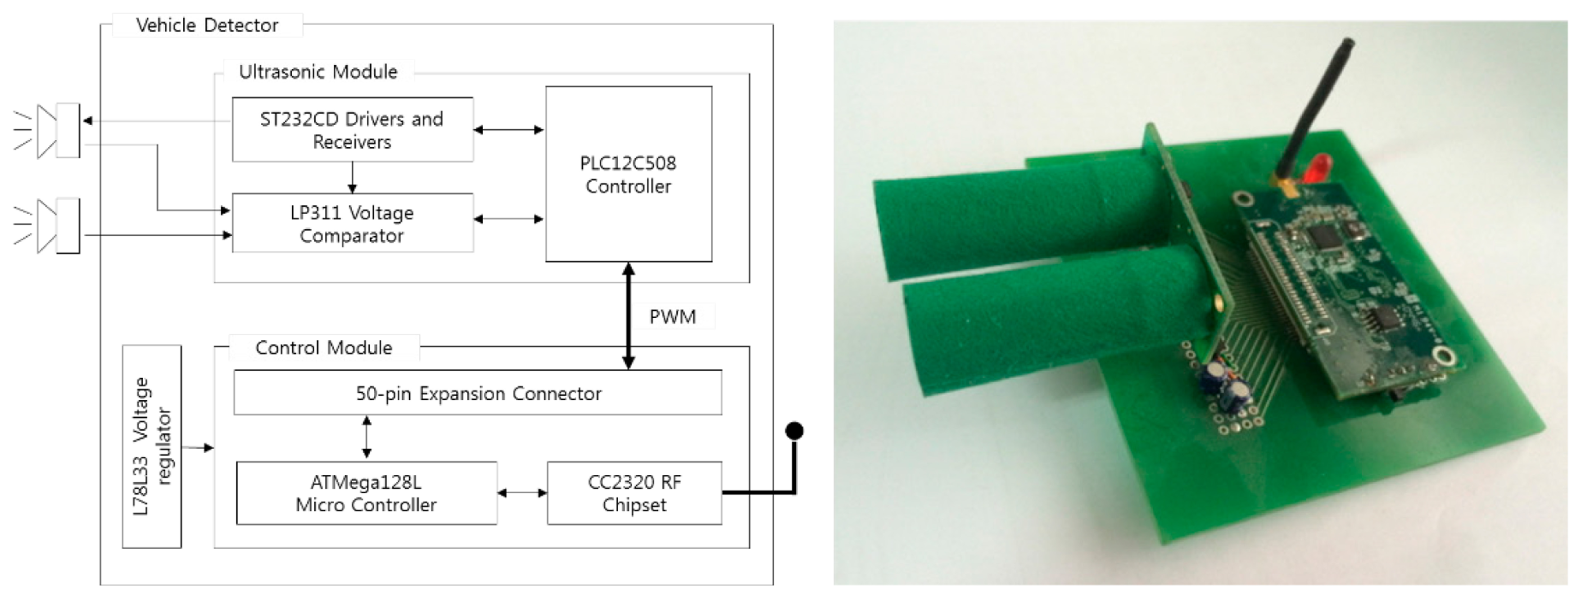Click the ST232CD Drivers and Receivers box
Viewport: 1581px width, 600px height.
(352, 129)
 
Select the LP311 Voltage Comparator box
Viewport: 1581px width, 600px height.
(352, 223)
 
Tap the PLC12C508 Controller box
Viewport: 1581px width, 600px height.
(628, 174)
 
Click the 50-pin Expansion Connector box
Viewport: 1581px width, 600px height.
(478, 393)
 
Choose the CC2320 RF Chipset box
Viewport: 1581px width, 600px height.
(634, 493)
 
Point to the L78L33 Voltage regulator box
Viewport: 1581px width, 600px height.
(151, 447)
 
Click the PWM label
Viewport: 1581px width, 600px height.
(673, 317)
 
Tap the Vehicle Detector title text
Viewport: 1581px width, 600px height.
(207, 26)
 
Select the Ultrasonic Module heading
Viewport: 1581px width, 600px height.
(318, 72)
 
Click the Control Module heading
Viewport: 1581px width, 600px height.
(323, 348)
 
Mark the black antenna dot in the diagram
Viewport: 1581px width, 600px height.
(794, 431)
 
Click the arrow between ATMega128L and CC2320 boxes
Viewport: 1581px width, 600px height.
(522, 493)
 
